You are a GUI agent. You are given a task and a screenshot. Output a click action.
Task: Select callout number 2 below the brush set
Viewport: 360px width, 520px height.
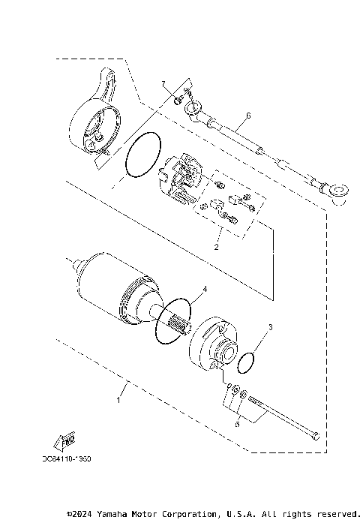pyautogui.click(x=216, y=245)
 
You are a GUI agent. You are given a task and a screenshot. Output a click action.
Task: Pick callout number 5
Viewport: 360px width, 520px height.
pyautogui.click(x=238, y=424)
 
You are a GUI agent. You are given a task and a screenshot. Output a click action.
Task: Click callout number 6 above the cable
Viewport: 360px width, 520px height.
pyautogui.click(x=247, y=116)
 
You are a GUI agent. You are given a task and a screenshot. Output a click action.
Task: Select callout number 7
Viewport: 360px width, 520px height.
pyautogui.click(x=161, y=84)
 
